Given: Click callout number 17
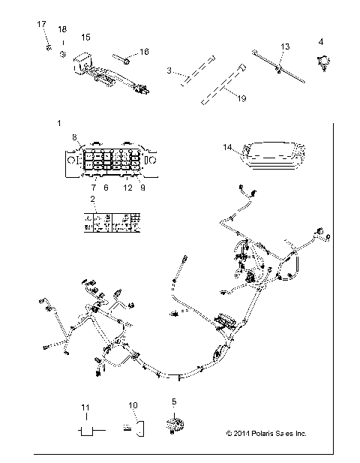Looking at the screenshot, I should (42, 25).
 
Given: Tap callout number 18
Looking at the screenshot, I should (62, 29).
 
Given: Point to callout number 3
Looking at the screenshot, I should (170, 71).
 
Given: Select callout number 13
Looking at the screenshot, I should (284, 47).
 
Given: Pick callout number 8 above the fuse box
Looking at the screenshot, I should (74, 136).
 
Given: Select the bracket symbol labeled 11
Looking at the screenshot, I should (84, 429).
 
